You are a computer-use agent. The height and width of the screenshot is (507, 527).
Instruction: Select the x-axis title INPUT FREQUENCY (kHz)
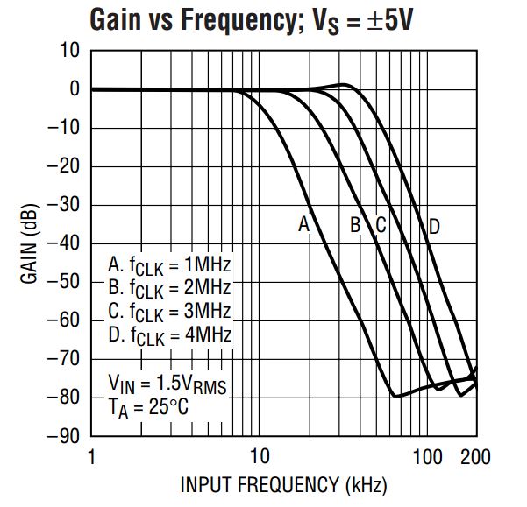coord(283,483)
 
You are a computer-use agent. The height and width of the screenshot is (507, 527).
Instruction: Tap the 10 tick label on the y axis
coord(70,51)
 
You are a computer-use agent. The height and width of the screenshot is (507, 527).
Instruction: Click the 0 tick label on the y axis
coord(75,89)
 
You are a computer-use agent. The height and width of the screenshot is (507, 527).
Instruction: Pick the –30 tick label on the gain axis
coord(63,205)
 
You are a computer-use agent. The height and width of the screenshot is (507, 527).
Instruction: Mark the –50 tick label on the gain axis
coord(63,282)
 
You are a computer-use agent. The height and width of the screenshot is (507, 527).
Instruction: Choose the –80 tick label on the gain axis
coord(63,398)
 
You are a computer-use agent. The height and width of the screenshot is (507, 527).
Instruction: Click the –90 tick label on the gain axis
coord(63,436)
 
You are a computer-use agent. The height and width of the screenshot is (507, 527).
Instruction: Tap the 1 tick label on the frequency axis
coord(91,456)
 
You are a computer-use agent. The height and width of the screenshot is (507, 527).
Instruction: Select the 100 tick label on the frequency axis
coord(427,456)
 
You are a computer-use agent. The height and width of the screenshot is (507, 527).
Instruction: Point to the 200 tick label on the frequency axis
coord(474,456)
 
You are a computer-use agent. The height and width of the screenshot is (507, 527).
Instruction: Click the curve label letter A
coord(304,225)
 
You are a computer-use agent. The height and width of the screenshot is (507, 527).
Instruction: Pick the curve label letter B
coord(355,225)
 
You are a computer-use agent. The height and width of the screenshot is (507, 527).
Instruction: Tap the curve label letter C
coord(381,225)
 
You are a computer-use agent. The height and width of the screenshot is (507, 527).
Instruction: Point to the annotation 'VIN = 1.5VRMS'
coord(167,383)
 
